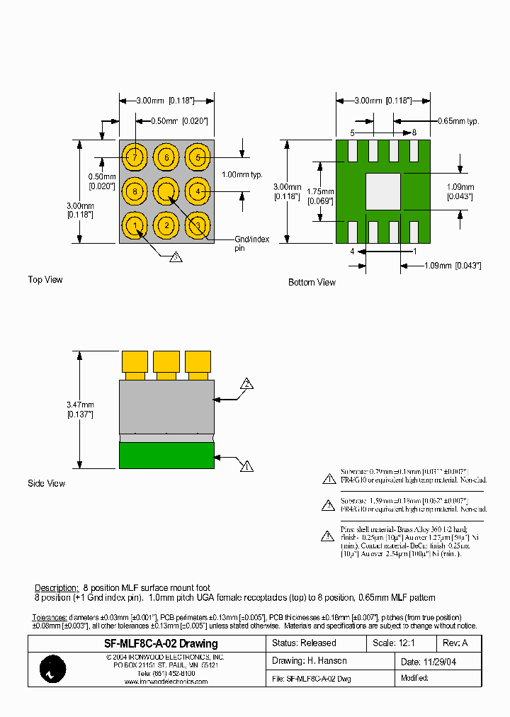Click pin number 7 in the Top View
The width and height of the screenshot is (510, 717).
click(x=134, y=157)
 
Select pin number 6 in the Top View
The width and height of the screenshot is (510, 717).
click(x=166, y=157)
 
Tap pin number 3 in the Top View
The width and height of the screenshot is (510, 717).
click(x=198, y=226)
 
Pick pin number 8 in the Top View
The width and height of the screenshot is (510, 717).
click(x=134, y=191)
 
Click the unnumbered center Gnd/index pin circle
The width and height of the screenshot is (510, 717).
click(x=166, y=191)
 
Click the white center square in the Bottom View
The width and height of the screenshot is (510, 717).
click(x=383, y=191)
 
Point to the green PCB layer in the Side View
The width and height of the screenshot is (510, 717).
click(x=166, y=455)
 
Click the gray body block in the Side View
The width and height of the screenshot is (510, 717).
click(x=166, y=407)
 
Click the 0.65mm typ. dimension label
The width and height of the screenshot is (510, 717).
click(x=458, y=121)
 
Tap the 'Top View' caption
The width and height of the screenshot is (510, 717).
click(x=45, y=280)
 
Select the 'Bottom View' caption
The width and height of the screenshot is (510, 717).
click(x=312, y=282)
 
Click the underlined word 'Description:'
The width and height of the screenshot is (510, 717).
click(x=56, y=588)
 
